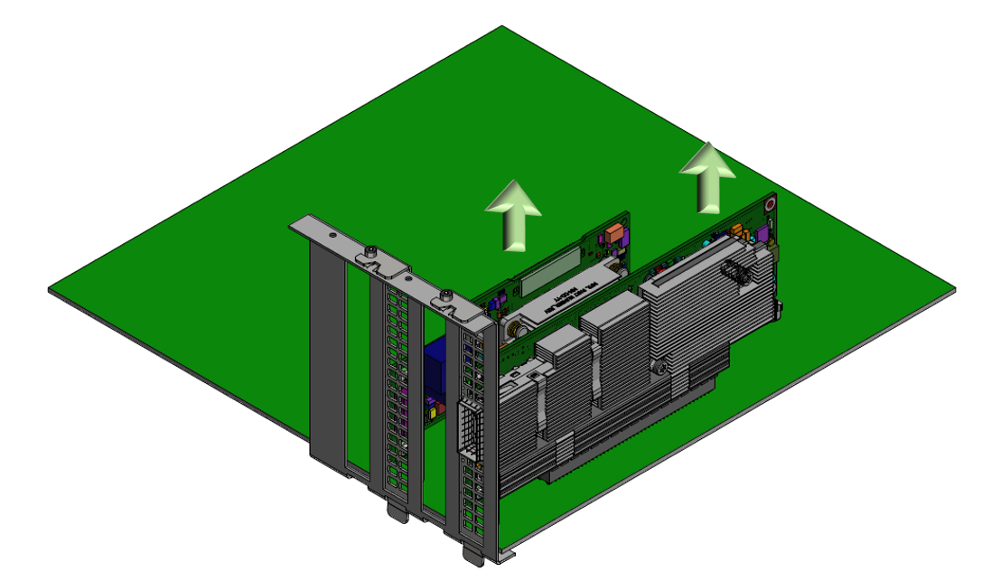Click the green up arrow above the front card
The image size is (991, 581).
[707, 176]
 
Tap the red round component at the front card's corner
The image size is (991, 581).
[770, 205]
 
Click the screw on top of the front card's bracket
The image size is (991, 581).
[446, 295]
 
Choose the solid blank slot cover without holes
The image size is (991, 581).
[327, 352]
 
